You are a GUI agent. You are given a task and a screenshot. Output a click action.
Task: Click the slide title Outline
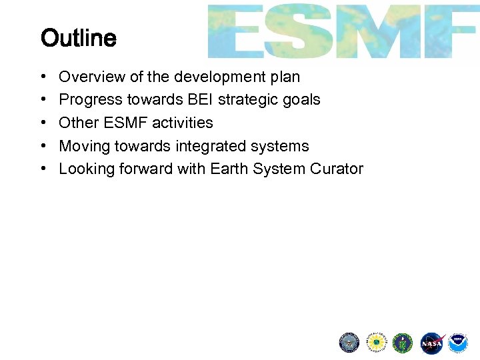[x=79, y=39]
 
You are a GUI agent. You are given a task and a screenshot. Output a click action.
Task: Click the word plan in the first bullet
[x=285, y=77]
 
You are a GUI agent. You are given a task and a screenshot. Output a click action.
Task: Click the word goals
[x=301, y=100]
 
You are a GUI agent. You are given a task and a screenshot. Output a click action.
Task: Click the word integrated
[x=215, y=146]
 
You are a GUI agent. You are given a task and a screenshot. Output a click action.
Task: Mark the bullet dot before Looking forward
[x=43, y=169]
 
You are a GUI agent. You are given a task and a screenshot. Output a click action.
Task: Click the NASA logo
[x=431, y=343]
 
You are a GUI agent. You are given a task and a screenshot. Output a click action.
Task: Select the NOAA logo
[x=458, y=343]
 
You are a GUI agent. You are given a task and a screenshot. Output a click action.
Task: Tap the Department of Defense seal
[x=349, y=343]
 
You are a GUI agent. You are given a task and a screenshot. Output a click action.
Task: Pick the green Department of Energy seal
[x=403, y=343]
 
